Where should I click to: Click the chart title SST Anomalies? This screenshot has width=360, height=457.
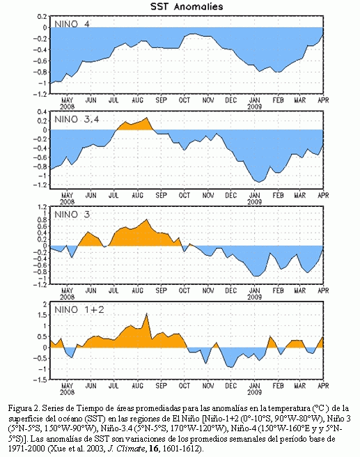pyautogui.click(x=187, y=6)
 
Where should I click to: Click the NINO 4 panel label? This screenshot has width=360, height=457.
pyautogui.click(x=72, y=24)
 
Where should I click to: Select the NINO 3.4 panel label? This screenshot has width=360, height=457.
pyautogui.click(x=77, y=119)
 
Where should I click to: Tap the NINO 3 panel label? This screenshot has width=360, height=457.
pyautogui.click(x=72, y=215)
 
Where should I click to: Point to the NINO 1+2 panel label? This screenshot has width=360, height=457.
pyautogui.click(x=79, y=309)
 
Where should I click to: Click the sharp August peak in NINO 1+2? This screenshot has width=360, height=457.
pyautogui.click(x=146, y=313)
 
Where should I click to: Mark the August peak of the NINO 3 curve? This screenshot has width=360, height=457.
pyautogui.click(x=146, y=219)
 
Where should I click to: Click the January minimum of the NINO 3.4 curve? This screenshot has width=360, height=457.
pyautogui.click(x=258, y=182)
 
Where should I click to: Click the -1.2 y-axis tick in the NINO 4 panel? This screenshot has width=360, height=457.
pyautogui.click(x=41, y=94)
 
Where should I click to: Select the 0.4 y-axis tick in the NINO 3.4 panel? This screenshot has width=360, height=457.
pyautogui.click(x=42, y=112)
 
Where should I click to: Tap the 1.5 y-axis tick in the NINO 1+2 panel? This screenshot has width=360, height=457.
pyautogui.click(x=42, y=315)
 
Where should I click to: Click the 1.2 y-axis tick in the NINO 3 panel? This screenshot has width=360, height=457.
pyautogui.click(x=42, y=207)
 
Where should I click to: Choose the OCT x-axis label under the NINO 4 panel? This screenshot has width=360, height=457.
pyautogui.click(x=185, y=100)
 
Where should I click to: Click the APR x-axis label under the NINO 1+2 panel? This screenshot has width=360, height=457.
pyautogui.click(x=323, y=386)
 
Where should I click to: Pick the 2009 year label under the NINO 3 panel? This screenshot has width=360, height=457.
pyautogui.click(x=255, y=297)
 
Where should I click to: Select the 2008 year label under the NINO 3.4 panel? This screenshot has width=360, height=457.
pyautogui.click(x=68, y=202)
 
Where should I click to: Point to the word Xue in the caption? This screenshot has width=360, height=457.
pyautogui.click(x=53, y=449)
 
